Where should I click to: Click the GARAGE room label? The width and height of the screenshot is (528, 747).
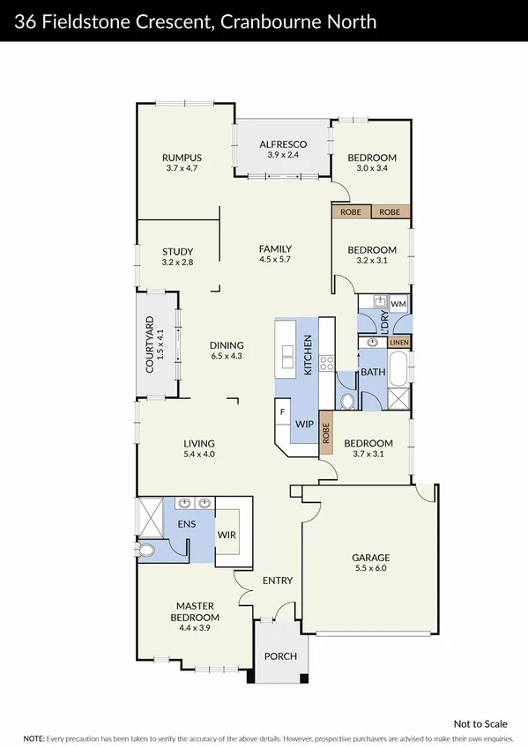(x=369, y=557)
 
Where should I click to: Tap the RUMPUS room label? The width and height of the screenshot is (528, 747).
(x=182, y=158)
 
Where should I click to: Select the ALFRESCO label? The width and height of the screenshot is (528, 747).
(x=282, y=144)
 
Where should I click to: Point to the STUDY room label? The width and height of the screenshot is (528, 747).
(x=177, y=252)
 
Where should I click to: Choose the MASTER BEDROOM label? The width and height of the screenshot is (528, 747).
(x=196, y=606)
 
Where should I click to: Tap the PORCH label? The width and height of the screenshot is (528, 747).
(x=281, y=656)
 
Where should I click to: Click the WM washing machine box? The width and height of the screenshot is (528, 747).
(x=398, y=304)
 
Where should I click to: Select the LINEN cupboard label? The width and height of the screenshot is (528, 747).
(x=399, y=342)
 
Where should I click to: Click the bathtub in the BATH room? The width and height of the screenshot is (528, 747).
(x=398, y=367)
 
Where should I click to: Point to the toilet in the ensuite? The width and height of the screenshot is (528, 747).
(x=146, y=551)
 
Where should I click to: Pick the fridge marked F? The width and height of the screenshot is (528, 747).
(x=282, y=412)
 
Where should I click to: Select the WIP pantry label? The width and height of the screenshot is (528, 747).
(x=304, y=425)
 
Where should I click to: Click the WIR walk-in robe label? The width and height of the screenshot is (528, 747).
(x=227, y=535)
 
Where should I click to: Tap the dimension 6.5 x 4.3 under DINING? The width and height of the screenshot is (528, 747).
(x=227, y=356)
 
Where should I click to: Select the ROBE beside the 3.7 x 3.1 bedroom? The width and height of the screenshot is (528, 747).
(x=325, y=433)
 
